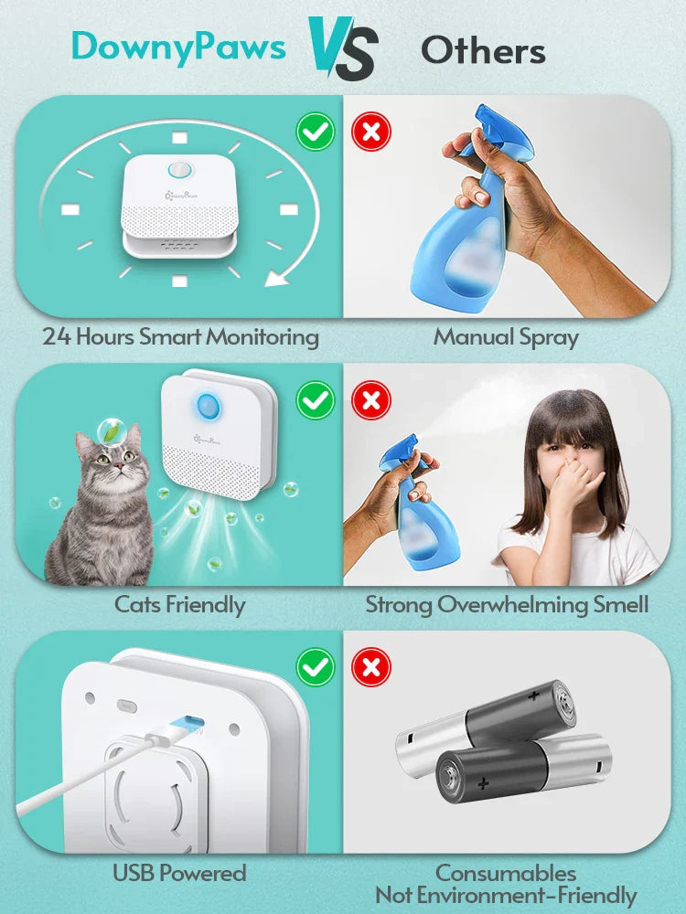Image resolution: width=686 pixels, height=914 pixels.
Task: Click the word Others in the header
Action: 483,50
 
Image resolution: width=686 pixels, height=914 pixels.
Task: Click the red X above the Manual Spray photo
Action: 371,133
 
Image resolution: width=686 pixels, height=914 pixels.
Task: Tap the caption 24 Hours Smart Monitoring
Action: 180,336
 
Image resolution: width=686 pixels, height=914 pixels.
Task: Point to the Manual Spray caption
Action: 506,336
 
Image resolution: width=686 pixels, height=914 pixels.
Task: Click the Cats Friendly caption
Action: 179,604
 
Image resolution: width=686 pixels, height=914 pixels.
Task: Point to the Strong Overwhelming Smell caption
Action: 507,604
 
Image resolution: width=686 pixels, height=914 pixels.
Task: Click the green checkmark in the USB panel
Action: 316,668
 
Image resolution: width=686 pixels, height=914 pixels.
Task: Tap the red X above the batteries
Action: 371,668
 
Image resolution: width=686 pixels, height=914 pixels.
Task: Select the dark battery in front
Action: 521,766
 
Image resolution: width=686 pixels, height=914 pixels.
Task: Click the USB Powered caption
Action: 179,873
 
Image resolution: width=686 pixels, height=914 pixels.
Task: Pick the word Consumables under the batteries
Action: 506,873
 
